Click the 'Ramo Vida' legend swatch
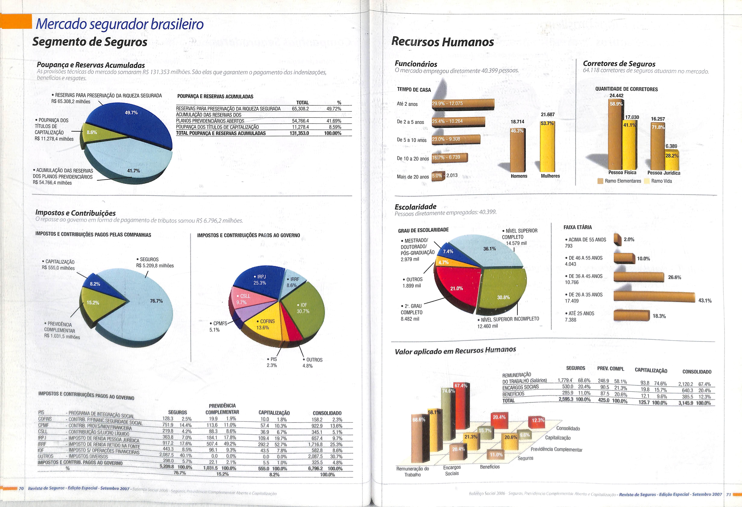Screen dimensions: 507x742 [647, 181]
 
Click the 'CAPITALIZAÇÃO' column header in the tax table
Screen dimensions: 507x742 [274, 413]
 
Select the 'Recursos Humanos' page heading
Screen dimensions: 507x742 [443, 42]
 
